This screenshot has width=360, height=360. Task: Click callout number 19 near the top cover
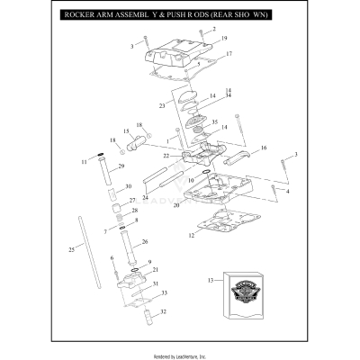(224, 39)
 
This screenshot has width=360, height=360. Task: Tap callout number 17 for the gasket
(229, 55)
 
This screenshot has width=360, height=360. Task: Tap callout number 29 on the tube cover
(121, 167)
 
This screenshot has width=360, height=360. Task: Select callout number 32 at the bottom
(163, 312)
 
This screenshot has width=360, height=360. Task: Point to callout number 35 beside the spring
(214, 121)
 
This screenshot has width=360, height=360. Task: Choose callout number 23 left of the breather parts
(162, 104)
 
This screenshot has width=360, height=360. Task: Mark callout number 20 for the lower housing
(178, 205)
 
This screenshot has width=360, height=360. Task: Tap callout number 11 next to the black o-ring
(84, 162)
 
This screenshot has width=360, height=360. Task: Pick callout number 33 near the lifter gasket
(164, 293)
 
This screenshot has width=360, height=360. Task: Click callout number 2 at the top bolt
(213, 30)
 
